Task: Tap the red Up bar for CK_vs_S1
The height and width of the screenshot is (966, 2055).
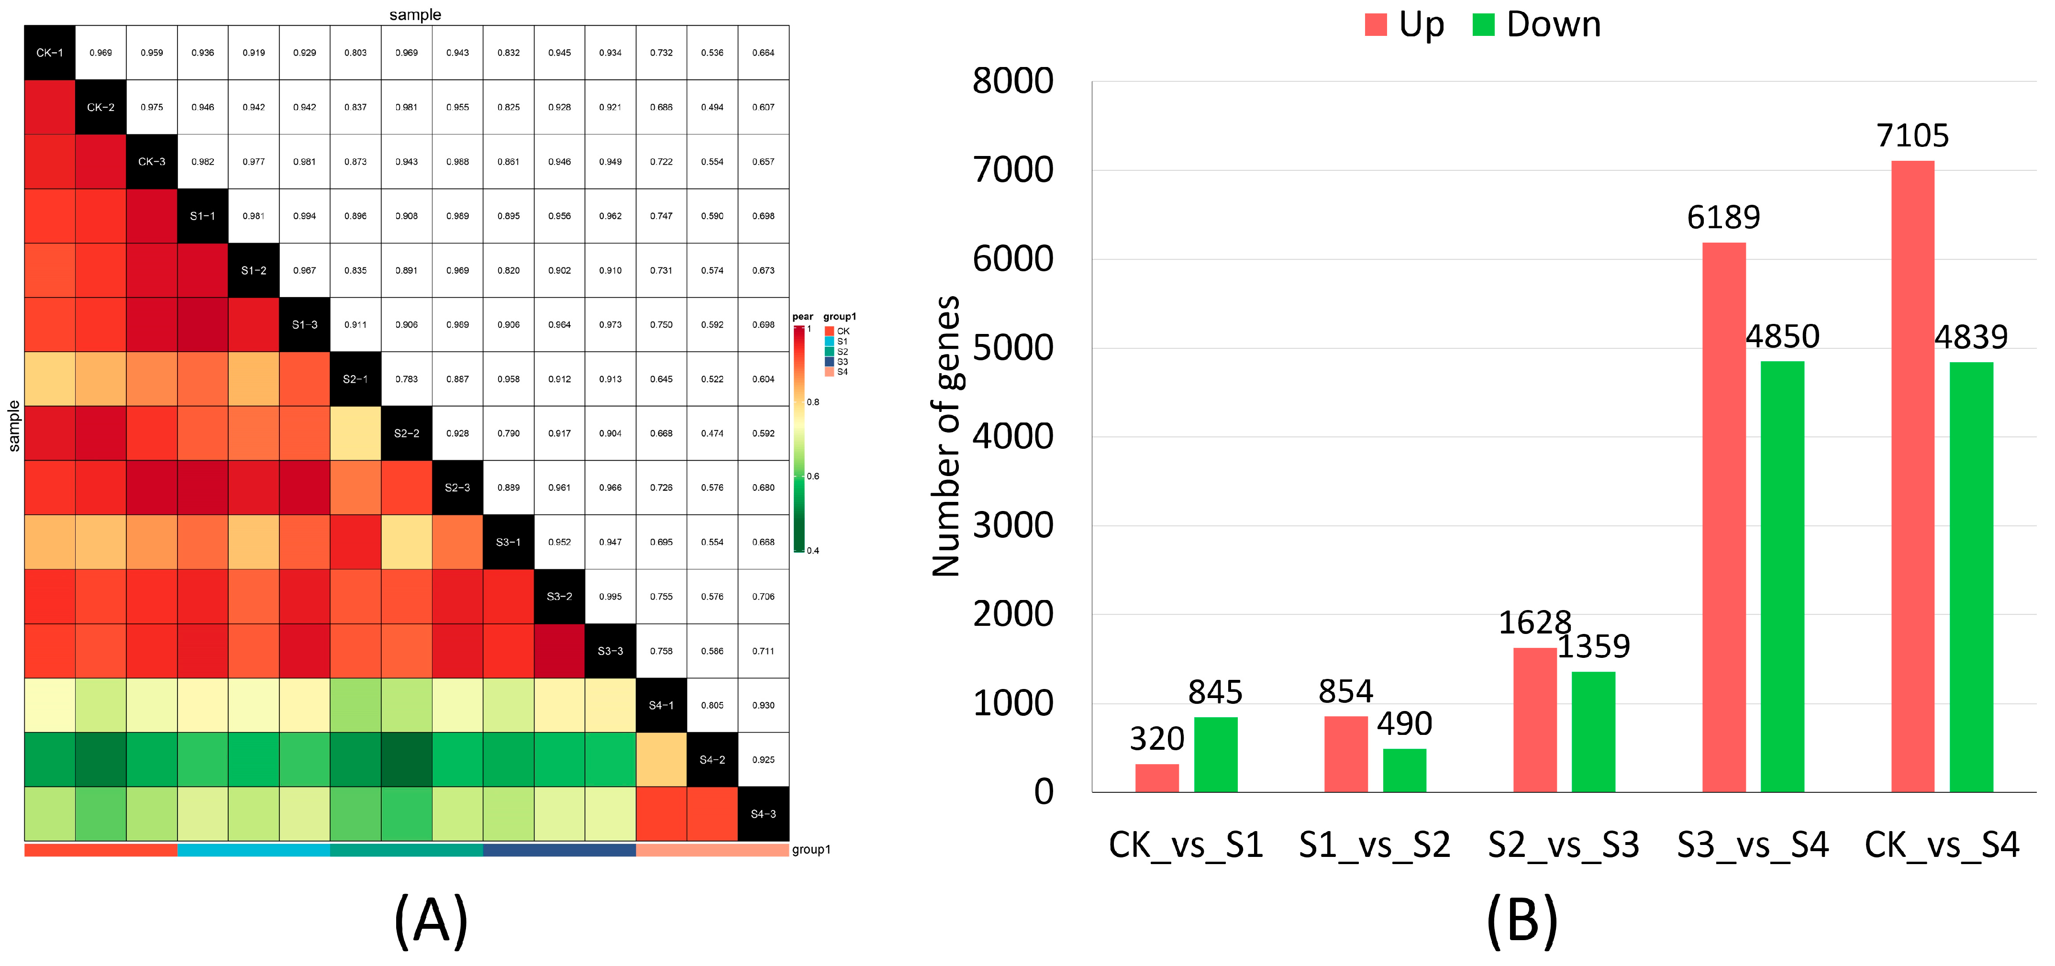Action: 1157,778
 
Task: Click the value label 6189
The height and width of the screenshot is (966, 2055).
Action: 1723,217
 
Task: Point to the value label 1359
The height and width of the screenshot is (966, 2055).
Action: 1593,646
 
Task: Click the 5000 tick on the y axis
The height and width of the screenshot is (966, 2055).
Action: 1012,348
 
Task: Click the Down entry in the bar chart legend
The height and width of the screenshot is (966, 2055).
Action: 1536,25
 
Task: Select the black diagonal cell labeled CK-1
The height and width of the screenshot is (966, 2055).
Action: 49,53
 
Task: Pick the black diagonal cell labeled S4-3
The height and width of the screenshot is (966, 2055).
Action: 763,814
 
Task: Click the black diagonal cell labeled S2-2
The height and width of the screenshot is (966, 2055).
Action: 406,433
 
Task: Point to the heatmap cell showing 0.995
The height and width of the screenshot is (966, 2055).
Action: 610,596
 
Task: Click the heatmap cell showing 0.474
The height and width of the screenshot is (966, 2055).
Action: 711,433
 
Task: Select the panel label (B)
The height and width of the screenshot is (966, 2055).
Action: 1522,922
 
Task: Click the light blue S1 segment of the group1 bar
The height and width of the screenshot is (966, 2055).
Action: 253,850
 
